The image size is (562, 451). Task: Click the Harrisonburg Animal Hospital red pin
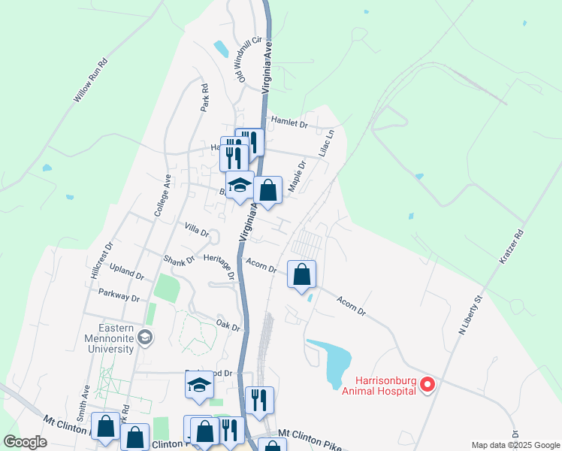click(x=428, y=386)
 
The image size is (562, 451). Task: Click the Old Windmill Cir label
click(x=249, y=59)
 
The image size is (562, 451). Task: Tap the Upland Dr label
click(x=125, y=272)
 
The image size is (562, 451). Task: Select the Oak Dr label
click(x=228, y=325)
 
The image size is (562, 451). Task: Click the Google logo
click(x=25, y=442)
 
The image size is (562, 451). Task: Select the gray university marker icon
click(x=146, y=337)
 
